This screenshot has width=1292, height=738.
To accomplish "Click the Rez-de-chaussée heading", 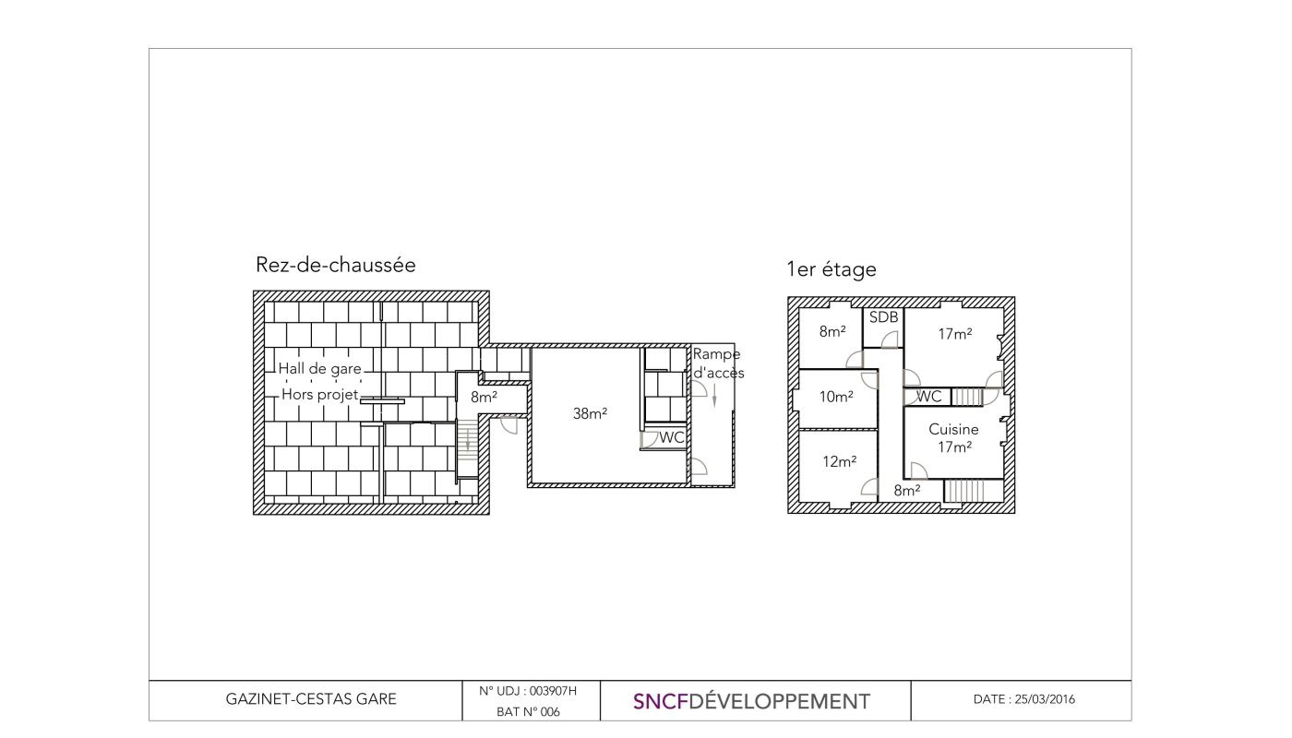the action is click(335, 265).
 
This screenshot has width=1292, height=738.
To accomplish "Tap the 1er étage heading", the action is click(831, 269).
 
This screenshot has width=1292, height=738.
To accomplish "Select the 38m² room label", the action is click(590, 413).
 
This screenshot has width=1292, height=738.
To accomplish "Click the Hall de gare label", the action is click(319, 368).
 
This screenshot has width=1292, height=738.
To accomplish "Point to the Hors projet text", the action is click(319, 395).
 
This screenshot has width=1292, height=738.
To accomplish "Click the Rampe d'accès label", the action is click(718, 363).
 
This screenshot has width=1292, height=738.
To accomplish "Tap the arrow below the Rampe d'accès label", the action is click(714, 396).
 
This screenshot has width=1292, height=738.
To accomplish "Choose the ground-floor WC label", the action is click(672, 437).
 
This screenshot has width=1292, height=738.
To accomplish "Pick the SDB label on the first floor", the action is click(884, 317).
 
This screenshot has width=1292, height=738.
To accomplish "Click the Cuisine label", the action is click(953, 430).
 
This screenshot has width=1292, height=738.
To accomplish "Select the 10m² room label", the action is click(836, 397).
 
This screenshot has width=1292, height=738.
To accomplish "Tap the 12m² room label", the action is click(839, 462).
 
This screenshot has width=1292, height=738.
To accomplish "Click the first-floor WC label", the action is click(928, 397).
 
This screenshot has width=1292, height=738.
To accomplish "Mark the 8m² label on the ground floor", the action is click(484, 398).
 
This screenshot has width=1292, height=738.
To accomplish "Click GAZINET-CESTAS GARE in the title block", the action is click(311, 699).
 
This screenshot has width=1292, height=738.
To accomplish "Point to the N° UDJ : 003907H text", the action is click(528, 691).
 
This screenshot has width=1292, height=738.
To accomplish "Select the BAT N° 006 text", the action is click(528, 712).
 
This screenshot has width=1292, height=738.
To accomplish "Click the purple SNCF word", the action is click(661, 702).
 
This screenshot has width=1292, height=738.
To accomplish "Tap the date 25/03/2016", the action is click(1045, 699).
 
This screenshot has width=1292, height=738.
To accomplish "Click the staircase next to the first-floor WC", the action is click(967, 397).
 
